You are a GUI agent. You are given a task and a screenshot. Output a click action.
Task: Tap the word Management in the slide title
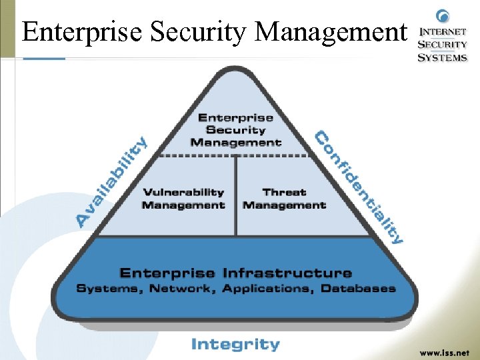tap(331, 31)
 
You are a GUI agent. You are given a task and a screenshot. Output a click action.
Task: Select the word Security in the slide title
tap(193, 31)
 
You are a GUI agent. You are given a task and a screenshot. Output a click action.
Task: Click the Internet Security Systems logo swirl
tap(442, 16)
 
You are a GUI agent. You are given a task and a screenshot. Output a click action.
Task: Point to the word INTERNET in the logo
tap(443, 31)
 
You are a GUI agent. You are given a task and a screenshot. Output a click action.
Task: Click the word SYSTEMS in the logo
tap(443, 57)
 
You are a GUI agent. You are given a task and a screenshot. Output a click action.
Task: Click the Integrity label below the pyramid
tap(235, 345)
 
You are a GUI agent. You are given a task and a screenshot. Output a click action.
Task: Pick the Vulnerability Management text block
tap(183, 199)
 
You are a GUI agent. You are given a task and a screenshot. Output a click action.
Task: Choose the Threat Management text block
tap(285, 199)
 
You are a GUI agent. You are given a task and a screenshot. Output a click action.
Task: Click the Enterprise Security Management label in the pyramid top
tap(235, 130)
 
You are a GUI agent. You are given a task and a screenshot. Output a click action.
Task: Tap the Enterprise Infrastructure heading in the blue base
tap(235, 273)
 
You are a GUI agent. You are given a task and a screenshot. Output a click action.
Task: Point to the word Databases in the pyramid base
tap(358, 289)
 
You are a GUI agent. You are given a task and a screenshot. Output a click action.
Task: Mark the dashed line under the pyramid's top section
tap(235, 155)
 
